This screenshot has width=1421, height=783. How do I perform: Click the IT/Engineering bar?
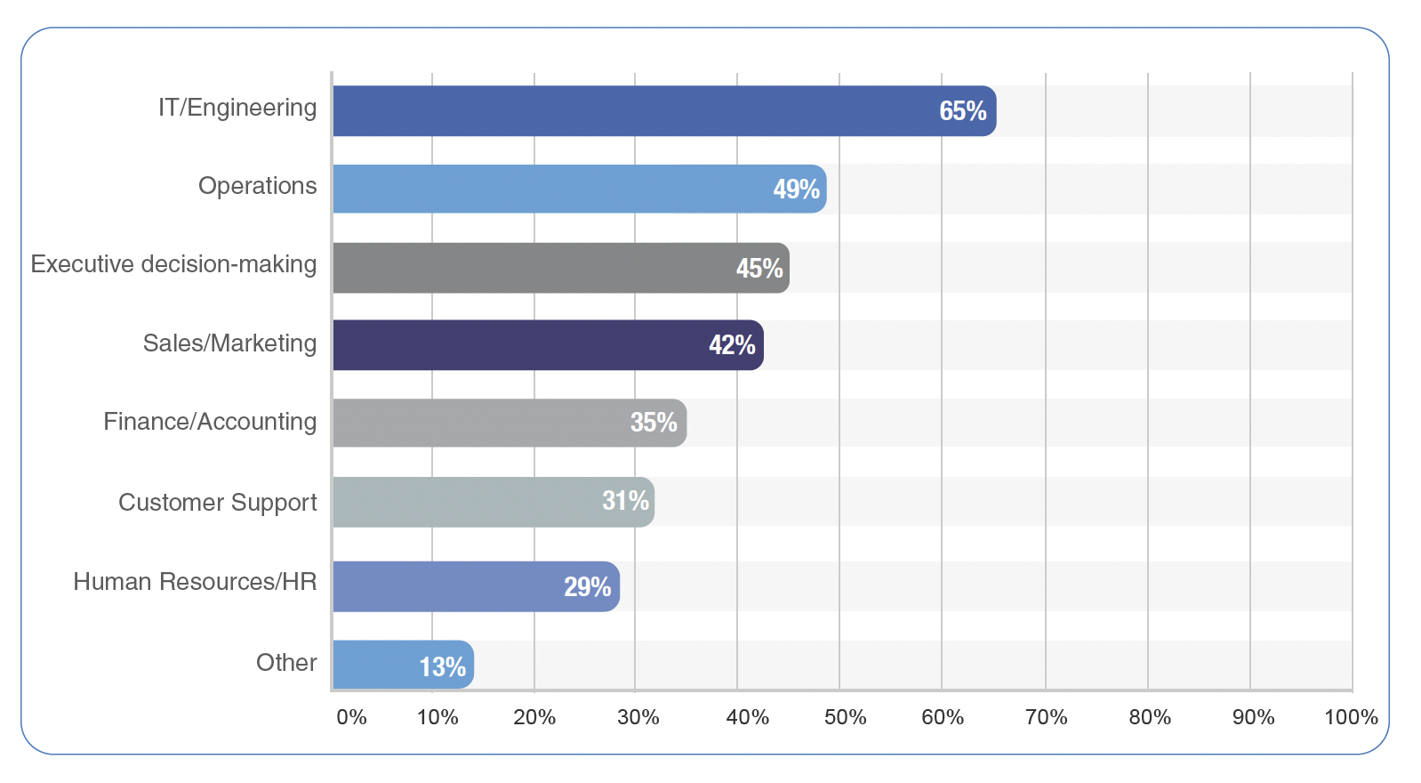[665, 111]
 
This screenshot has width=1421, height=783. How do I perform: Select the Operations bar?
[580, 190]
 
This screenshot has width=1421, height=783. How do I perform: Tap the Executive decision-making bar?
[561, 268]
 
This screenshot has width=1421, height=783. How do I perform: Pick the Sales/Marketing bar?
[549, 345]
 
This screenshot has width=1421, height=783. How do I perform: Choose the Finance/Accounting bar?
[510, 424]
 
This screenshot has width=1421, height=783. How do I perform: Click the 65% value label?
[963, 111]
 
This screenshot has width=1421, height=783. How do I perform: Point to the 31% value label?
[625, 501]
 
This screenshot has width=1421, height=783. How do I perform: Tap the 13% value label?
[443, 666]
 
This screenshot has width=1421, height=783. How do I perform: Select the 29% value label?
[588, 587]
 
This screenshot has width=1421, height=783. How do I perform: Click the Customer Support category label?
[218, 503]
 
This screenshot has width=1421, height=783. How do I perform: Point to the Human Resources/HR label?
[195, 581]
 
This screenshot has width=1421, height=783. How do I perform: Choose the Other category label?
[286, 663]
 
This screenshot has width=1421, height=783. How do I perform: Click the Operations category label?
[258, 186]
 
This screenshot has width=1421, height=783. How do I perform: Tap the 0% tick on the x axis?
[351, 718]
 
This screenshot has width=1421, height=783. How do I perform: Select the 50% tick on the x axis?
[845, 718]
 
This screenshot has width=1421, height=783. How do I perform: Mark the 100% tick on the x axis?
[1351, 718]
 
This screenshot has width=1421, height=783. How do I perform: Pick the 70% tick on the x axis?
[1046, 718]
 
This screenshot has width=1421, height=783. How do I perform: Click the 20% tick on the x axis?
[534, 718]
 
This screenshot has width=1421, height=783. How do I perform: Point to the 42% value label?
[732, 345]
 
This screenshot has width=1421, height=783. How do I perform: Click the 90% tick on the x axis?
[1253, 718]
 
